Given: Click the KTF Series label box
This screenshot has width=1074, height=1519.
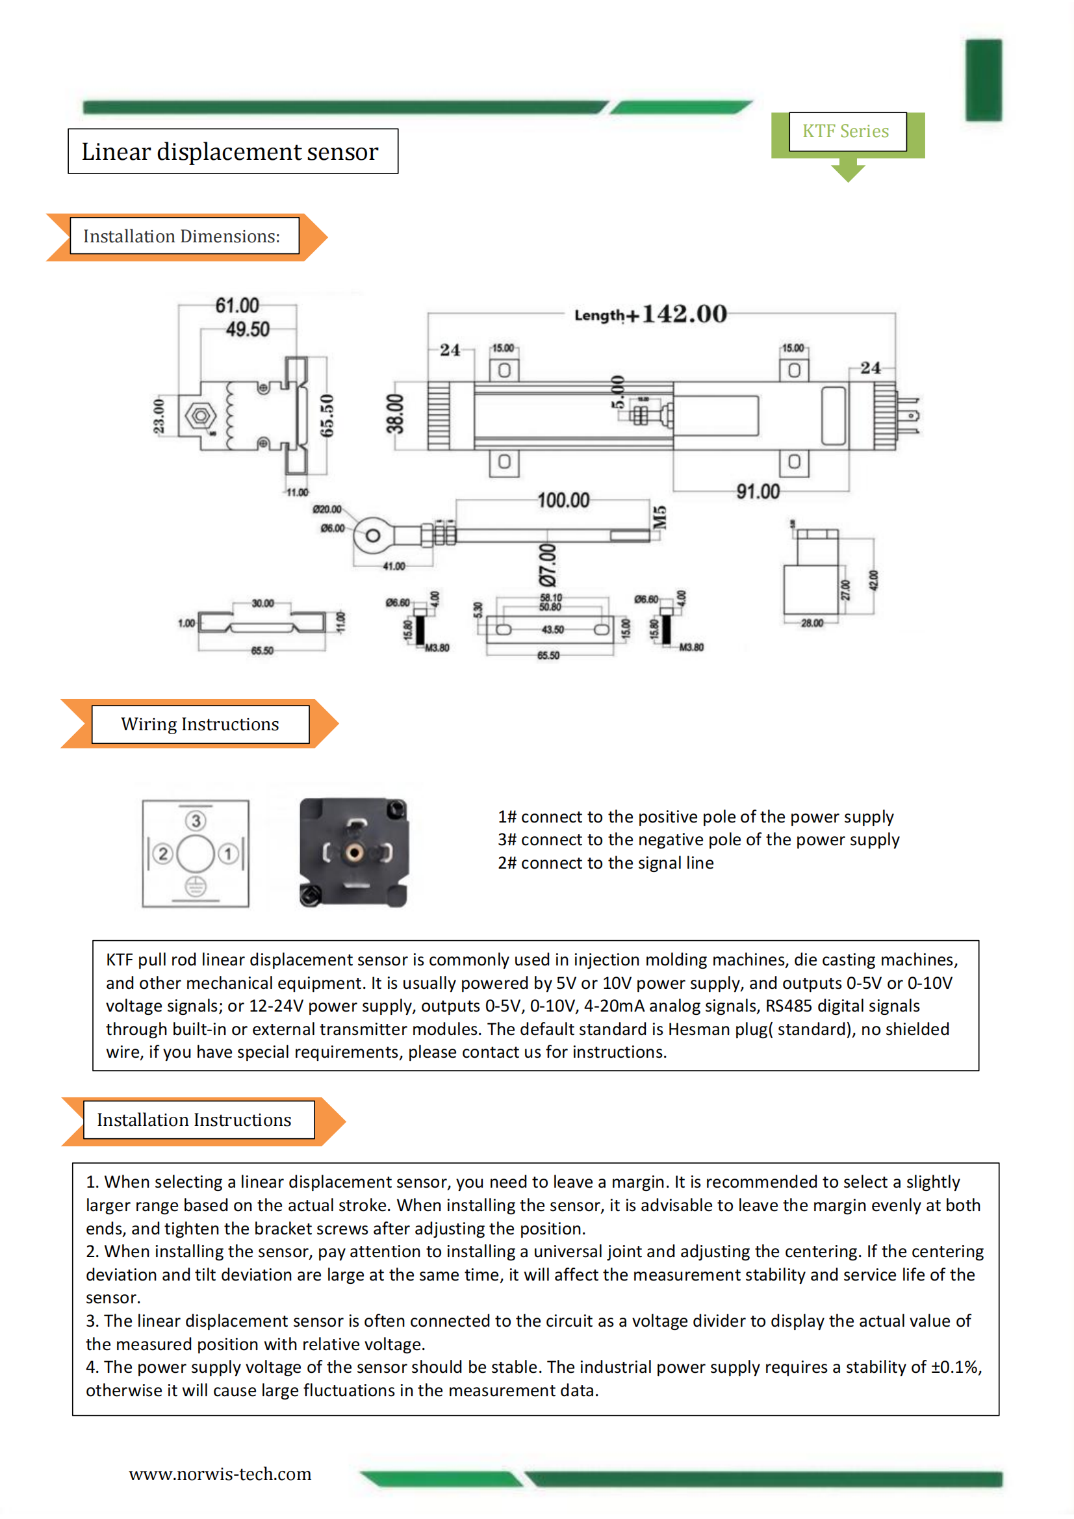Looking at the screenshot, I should point(847,131).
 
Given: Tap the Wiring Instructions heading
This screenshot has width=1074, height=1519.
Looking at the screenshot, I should point(200,724).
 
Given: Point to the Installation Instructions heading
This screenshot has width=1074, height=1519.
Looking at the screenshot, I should point(195,1119).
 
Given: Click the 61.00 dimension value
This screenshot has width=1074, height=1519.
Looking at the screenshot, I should point(237,305).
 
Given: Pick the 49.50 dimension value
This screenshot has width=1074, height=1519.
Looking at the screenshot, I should point(248,329).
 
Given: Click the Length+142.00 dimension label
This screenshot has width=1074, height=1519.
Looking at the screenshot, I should point(651,314).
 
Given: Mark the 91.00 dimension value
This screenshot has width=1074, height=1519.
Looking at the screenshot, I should point(758,492).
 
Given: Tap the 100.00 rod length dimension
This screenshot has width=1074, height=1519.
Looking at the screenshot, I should point(563,500).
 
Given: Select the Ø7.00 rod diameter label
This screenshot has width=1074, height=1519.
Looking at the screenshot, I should point(548,566).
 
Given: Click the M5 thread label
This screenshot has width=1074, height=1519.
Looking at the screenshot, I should point(659,517).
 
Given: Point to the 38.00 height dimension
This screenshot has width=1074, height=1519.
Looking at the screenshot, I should point(395,414).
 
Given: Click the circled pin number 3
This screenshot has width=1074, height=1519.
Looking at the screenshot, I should point(195,821).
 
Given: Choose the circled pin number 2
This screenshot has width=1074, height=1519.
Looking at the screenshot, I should point(163,854).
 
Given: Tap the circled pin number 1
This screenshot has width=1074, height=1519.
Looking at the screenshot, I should point(227,854).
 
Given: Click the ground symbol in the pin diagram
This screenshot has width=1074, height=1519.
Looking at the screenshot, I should point(195,887).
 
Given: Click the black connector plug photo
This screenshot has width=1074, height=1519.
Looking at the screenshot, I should point(353,852).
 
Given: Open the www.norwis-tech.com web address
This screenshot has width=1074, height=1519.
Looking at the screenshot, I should point(220,1474).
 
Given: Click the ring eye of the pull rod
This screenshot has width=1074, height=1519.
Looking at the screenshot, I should point(372,535).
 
